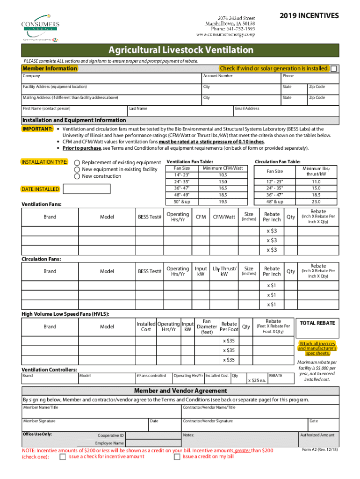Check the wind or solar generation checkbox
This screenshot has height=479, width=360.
(334, 69)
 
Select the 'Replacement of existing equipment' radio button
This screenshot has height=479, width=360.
(77, 163)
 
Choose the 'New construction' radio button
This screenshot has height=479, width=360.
(77, 176)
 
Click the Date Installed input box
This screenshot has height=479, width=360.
(86, 189)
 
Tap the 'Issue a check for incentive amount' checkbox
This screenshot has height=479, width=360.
(63, 457)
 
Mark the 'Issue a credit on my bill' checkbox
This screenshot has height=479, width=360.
(177, 457)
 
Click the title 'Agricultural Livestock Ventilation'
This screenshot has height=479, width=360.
(181, 50)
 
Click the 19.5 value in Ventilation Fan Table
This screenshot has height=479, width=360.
(223, 202)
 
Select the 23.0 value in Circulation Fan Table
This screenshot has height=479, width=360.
(316, 202)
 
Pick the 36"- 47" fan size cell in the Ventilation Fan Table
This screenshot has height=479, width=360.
(182, 188)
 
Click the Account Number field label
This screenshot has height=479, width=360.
(218, 76)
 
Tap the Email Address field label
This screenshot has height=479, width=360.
(247, 109)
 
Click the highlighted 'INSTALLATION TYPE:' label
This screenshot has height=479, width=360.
(45, 162)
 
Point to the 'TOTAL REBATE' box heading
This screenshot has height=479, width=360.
(317, 323)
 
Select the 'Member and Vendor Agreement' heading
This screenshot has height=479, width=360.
(180, 391)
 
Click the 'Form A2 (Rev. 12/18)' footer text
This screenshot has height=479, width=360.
(320, 450)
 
